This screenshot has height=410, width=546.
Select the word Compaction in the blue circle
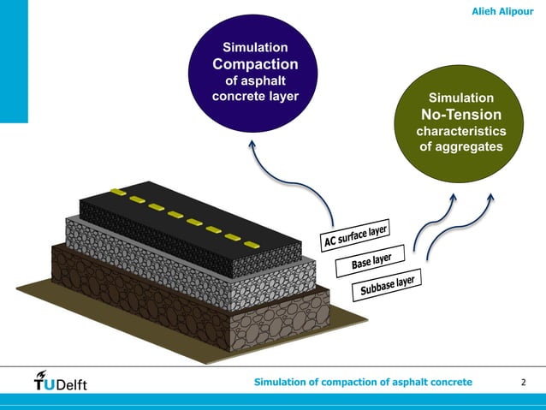coord(255,64)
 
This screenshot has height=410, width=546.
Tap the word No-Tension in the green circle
coord(460,115)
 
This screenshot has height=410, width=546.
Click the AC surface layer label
coord(355,235)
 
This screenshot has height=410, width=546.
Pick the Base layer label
coord(371,260)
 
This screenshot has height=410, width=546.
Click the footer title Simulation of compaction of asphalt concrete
coord(363,381)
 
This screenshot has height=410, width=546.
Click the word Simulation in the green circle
coord(460,98)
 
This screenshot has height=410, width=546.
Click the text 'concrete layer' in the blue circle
coord(255,95)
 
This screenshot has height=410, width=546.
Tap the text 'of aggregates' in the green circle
coord(460,147)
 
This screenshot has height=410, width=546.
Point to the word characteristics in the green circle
coord(460,131)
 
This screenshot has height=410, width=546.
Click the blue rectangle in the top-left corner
coord(14,60)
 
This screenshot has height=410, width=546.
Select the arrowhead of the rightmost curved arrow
coord(490,196)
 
